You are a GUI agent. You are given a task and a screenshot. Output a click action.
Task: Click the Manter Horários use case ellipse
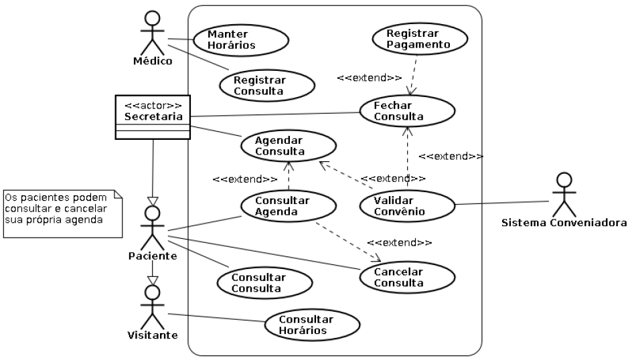coord(241,39)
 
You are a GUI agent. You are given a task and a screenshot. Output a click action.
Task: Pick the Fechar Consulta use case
coord(407,112)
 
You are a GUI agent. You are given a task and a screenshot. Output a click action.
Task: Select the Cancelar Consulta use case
coord(407,276)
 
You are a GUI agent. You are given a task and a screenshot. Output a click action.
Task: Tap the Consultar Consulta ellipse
coord(264,282)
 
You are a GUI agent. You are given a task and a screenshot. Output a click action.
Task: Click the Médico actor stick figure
coord(153,33)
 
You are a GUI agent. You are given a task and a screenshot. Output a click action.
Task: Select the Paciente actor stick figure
coord(153,228)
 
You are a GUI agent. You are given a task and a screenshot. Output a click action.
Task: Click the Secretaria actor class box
coord(153,117)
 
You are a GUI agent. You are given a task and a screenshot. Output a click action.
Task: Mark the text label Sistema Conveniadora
coord(564,222)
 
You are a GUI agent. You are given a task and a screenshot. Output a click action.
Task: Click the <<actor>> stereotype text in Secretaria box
coord(153,106)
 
